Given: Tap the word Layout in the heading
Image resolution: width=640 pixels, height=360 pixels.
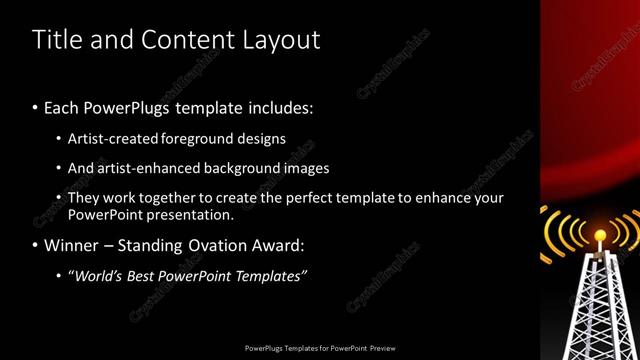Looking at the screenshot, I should [x=281, y=40].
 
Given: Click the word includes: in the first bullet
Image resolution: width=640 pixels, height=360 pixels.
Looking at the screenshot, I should [x=279, y=107].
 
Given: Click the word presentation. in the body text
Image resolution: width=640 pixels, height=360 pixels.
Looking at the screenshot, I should [x=189, y=214].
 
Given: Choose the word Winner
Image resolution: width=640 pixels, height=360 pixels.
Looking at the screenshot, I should [x=71, y=245].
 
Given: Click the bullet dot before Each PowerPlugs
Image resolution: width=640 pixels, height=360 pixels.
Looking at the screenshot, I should [x=35, y=107].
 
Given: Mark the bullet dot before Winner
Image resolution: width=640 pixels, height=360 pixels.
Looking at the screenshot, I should [x=35, y=245].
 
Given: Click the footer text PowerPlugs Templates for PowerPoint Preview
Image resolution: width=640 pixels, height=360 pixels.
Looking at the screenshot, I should [x=320, y=349].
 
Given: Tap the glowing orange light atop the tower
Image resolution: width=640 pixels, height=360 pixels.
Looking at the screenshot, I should [x=600, y=237].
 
